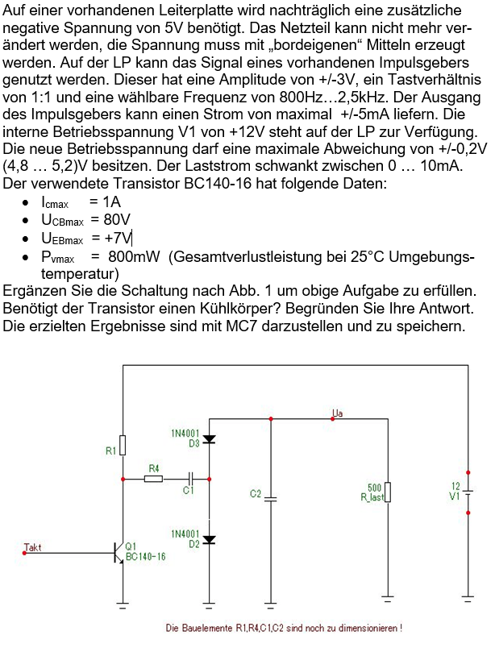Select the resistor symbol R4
click(154, 479)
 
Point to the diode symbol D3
click(210, 439)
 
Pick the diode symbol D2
click(210, 540)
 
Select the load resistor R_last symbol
click(389, 492)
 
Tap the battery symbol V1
click(468, 491)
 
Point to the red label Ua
click(338, 413)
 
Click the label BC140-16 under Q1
click(146, 557)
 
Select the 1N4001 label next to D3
click(185, 434)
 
